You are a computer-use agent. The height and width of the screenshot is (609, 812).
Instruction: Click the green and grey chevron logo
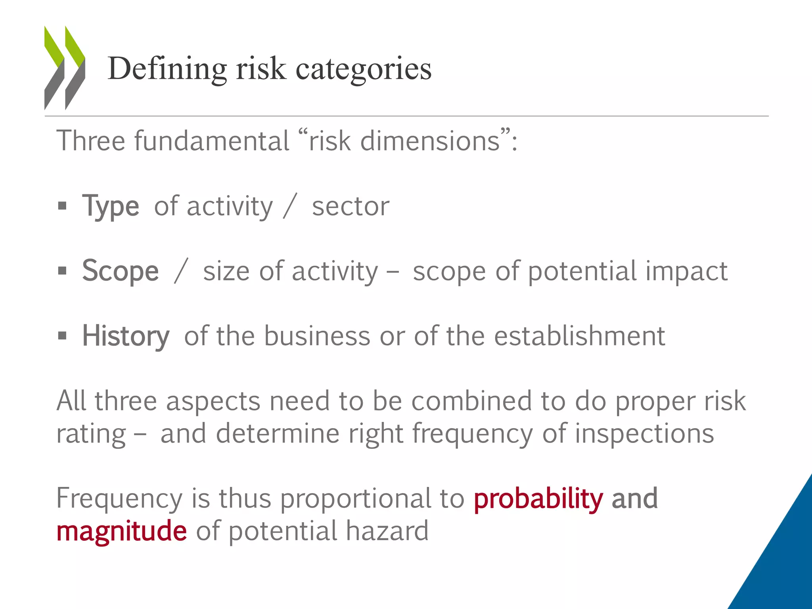click(x=65, y=68)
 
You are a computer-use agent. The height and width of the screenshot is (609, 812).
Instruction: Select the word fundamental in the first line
click(x=212, y=141)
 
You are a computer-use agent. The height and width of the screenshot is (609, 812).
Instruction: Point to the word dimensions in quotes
click(x=430, y=141)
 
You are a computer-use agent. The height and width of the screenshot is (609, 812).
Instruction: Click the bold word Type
click(x=111, y=206)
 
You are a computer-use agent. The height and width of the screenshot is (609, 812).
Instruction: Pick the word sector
click(x=350, y=206)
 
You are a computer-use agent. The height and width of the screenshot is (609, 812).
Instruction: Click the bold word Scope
click(x=121, y=271)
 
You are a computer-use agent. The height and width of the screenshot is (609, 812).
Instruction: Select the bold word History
click(x=126, y=336)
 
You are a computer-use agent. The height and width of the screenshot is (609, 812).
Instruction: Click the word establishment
click(x=579, y=336)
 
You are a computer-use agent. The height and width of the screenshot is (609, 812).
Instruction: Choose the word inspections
click(x=644, y=433)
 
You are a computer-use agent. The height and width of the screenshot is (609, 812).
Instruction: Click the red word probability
click(x=538, y=498)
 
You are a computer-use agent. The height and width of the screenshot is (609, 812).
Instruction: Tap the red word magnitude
click(x=121, y=531)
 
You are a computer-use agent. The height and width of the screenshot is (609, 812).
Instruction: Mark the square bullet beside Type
click(x=62, y=206)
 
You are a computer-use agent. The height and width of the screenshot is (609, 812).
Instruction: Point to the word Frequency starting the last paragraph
click(x=119, y=498)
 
